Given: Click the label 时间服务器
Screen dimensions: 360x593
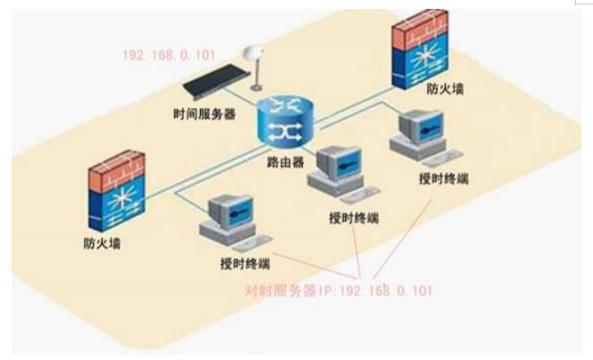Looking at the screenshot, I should coord(205,115).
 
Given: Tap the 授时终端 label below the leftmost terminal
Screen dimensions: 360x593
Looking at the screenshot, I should coord(245,264).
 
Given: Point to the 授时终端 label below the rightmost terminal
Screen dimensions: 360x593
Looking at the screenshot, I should coord(444,177).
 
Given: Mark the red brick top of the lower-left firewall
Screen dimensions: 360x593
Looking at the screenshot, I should coord(113,171).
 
